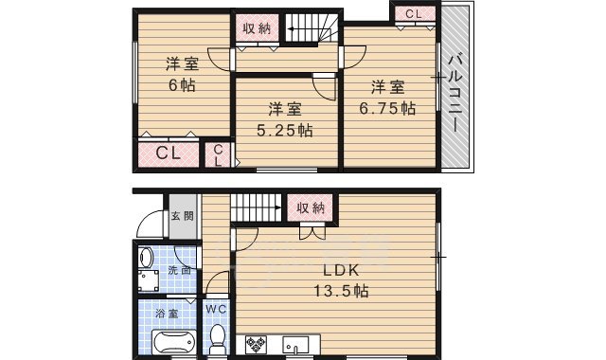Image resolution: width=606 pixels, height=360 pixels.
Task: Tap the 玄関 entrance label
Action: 182,217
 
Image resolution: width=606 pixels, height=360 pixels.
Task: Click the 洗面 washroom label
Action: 179,271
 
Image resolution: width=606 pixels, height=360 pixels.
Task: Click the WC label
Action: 215,309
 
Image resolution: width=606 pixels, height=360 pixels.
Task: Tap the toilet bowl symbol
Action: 217,335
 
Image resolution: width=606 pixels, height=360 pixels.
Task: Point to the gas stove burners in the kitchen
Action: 257,344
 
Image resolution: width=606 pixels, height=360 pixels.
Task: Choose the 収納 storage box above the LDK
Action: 311,207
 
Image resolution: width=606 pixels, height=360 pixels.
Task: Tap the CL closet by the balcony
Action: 414,13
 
